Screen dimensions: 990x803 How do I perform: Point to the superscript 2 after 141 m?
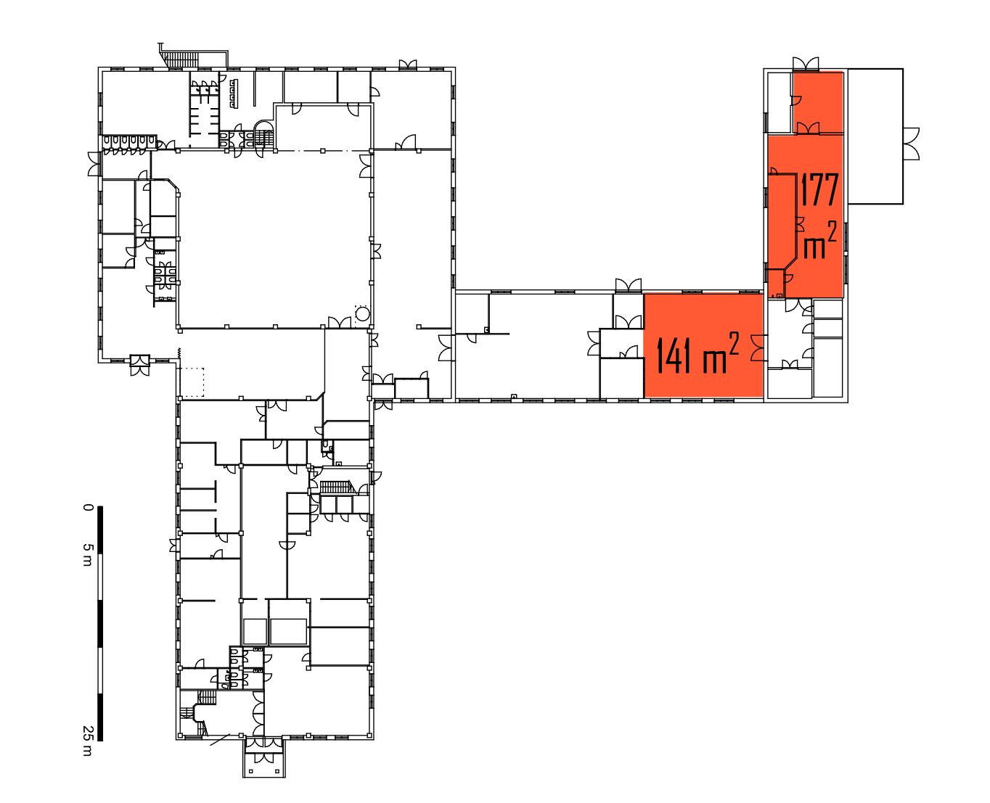[x=733, y=343]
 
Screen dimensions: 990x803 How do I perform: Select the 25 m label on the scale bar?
[x=88, y=741]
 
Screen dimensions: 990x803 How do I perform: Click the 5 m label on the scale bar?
[x=88, y=554]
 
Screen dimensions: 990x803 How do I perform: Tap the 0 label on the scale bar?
[x=88, y=507]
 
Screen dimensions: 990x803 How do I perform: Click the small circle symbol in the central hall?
[x=362, y=314]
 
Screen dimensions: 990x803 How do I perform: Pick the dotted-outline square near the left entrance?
[x=192, y=382]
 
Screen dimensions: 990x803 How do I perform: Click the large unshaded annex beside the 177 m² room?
[x=875, y=136]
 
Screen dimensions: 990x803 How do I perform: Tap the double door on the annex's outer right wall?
[x=911, y=144]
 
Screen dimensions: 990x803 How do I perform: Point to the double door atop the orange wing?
[x=806, y=64]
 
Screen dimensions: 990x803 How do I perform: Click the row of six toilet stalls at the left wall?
[x=128, y=144]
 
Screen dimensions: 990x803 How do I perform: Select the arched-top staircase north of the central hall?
[x=264, y=133]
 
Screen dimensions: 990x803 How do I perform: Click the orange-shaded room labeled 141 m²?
[x=703, y=345]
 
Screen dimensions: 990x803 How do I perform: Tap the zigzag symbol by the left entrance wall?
[x=179, y=353]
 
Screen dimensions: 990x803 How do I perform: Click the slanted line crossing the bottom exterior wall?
[x=220, y=740]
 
